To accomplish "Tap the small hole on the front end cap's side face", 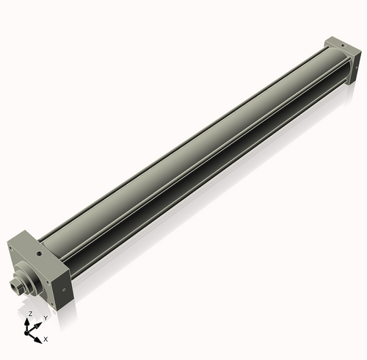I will click(x=65, y=288).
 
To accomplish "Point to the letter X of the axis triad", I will click(x=46, y=339).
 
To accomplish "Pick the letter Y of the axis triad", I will click(x=46, y=317).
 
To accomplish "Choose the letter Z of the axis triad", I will click(x=30, y=313).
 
